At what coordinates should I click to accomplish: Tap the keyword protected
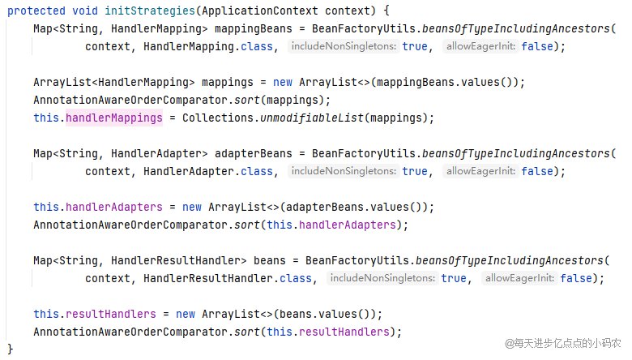coord(37,11)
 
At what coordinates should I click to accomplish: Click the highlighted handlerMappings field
coord(113,118)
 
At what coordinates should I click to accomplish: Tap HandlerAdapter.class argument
coord(208,171)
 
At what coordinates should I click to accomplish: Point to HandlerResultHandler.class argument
coord(228,278)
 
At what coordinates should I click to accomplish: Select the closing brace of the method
coord(11,349)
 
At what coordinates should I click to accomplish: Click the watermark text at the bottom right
coord(563,343)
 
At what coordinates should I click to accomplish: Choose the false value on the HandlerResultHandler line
coord(576,278)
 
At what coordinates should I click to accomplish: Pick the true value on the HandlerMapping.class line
coord(415,46)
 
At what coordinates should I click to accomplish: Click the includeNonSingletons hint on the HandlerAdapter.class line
coord(344,171)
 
